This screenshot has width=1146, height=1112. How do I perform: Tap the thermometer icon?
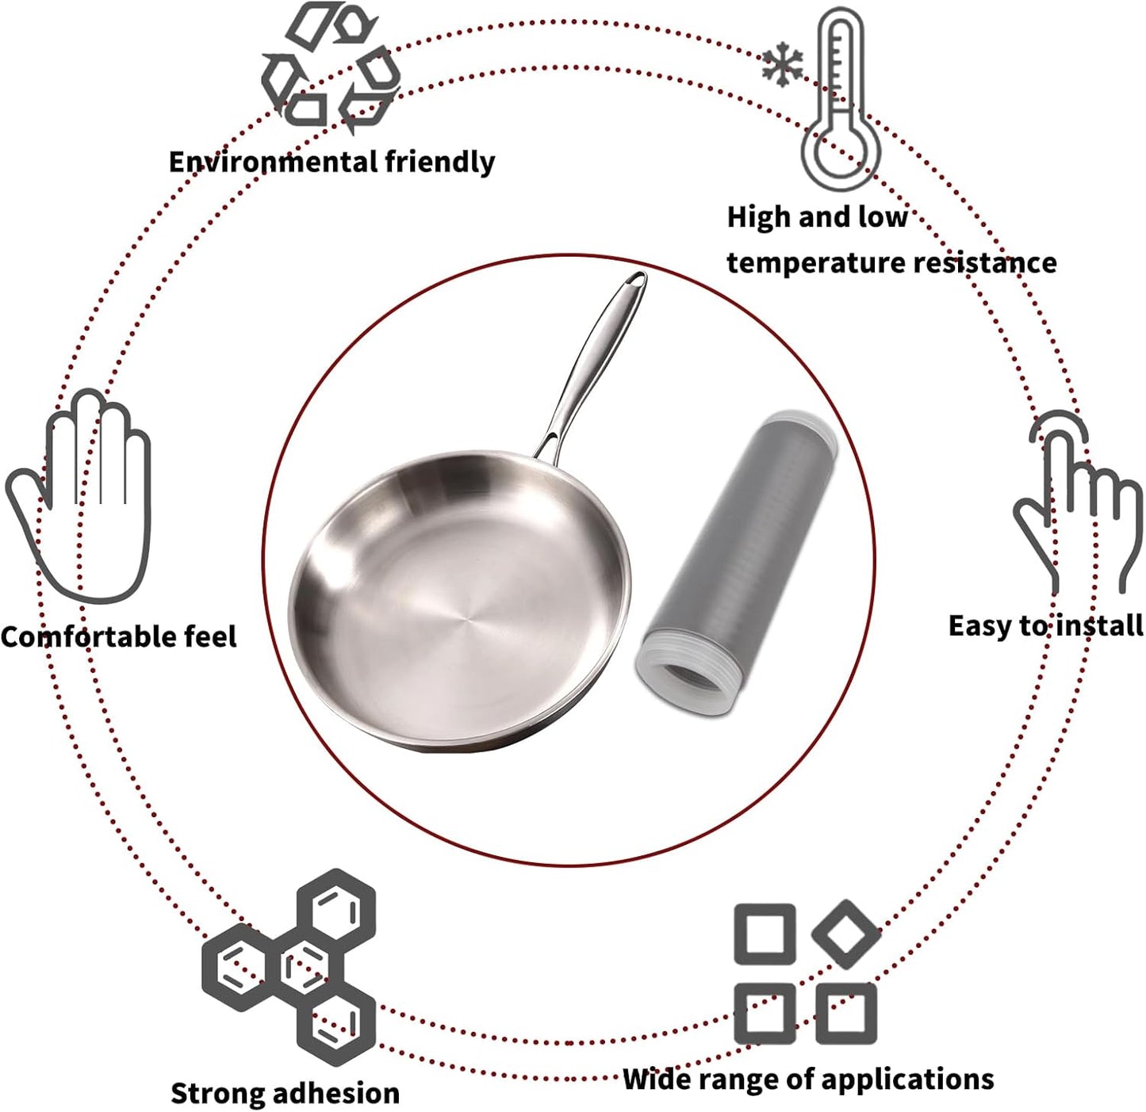pos(841,100)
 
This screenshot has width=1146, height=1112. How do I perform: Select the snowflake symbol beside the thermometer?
pos(782,64)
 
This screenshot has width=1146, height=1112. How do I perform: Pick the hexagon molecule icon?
pos(289,968)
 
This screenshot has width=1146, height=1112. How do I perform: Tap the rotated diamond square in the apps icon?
pos(845,934)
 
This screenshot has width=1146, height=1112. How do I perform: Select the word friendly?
pos(440,162)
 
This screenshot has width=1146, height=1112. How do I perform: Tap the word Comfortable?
pos(88,637)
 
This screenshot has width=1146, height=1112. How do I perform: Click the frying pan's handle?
pos(590,365)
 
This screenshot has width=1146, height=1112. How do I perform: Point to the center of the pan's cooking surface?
pos(466,618)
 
